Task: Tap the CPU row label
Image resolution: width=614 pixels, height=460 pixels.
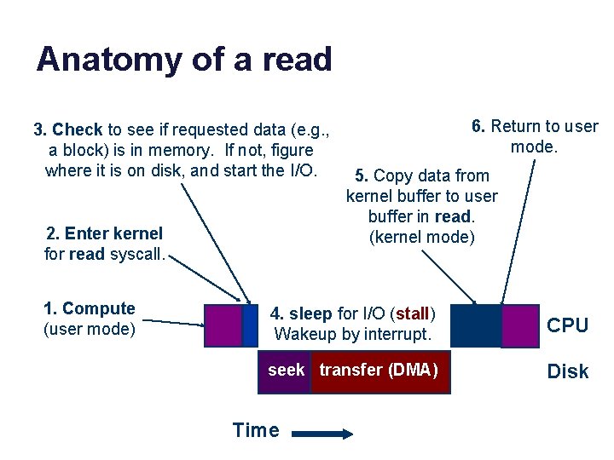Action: [567, 325]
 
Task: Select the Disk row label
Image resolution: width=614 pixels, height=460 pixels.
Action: [567, 371]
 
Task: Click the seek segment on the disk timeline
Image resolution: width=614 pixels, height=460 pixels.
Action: [286, 371]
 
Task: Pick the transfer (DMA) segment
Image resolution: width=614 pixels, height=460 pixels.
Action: [379, 371]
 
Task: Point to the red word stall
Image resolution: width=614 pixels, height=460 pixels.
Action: [413, 313]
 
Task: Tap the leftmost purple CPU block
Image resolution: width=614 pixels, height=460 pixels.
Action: [223, 325]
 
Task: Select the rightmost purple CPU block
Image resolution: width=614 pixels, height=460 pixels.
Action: [519, 325]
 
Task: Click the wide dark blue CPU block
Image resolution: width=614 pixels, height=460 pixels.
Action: [475, 325]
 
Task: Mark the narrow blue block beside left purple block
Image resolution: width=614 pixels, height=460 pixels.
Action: [250, 325]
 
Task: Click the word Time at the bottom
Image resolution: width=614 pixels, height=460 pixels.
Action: [256, 430]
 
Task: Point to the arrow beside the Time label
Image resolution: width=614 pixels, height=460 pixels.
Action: [322, 434]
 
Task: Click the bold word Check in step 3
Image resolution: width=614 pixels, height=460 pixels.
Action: [78, 130]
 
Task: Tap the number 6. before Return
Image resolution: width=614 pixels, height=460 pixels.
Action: [478, 127]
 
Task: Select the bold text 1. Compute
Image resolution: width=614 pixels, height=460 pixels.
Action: [89, 308]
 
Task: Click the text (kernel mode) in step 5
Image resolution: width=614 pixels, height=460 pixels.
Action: [421, 237]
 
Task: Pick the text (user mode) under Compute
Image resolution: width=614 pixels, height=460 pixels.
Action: [89, 328]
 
